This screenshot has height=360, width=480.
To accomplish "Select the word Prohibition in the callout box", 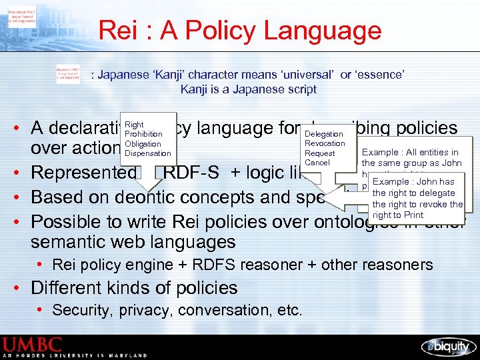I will (x=143, y=134).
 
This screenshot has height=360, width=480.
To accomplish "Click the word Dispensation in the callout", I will (x=147, y=153).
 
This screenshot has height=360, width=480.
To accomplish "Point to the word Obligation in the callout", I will (x=143, y=143).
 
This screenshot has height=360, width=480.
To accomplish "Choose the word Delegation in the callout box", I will (x=323, y=134).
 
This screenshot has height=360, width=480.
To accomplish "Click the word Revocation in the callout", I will (x=325, y=143).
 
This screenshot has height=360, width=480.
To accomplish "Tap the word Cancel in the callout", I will (x=317, y=162).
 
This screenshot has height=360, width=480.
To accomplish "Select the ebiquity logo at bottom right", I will (x=447, y=346).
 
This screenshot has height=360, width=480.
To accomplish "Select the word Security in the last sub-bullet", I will (x=79, y=310).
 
